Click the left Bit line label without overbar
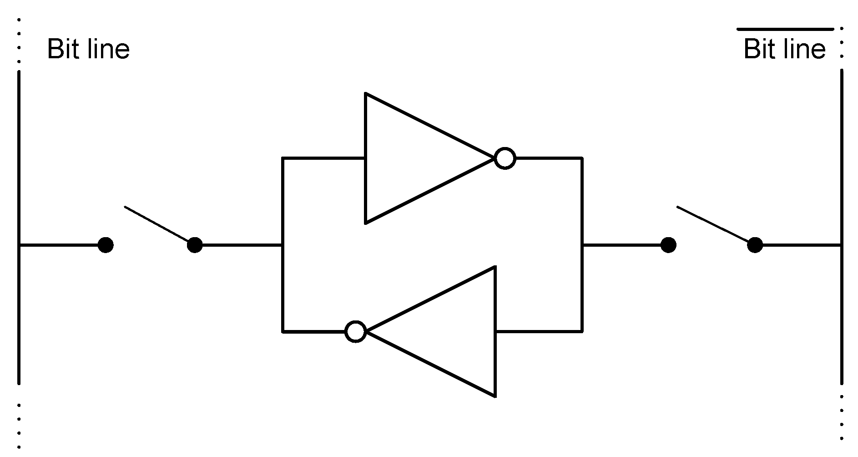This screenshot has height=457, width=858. tap(88, 49)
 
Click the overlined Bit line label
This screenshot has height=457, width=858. tap(784, 49)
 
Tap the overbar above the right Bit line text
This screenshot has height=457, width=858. tap(785, 29)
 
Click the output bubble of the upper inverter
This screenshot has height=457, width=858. tap(505, 158)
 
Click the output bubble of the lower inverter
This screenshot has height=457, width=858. tap(355, 331)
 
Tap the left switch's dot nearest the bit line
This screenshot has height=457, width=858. tap(106, 245)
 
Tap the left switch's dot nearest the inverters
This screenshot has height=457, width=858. tap(195, 245)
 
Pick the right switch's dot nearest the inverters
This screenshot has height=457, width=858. tap(668, 245)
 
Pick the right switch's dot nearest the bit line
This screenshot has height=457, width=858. tap(755, 245)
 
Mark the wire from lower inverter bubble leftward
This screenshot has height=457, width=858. tap(314, 331)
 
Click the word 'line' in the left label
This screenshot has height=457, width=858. tap(109, 49)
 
